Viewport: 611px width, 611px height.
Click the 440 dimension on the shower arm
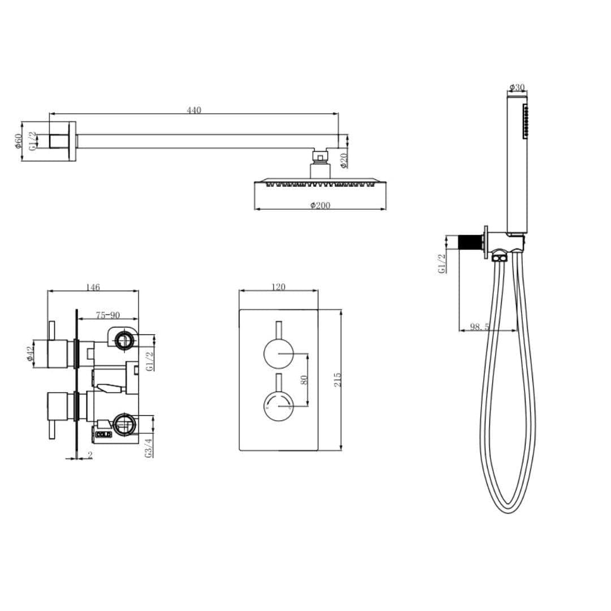click(194, 110)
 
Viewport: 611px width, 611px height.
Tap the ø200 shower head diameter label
click(320, 205)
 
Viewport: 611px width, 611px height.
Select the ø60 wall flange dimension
click(19, 141)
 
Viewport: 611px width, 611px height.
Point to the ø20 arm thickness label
click(343, 161)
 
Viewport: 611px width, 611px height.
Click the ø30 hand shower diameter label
click(517, 88)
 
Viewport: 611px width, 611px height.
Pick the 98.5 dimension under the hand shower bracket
click(480, 327)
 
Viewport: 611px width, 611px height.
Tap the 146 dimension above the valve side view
click(93, 287)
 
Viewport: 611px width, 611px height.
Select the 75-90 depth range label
click(107, 316)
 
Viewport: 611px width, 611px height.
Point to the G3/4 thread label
click(148, 447)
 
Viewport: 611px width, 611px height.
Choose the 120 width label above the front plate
click(278, 287)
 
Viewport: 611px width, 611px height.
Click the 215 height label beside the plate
click(338, 380)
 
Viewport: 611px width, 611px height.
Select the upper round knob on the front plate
click(278, 354)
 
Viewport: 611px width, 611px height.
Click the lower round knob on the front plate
click(278, 404)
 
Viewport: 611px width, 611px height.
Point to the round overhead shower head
click(320, 183)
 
